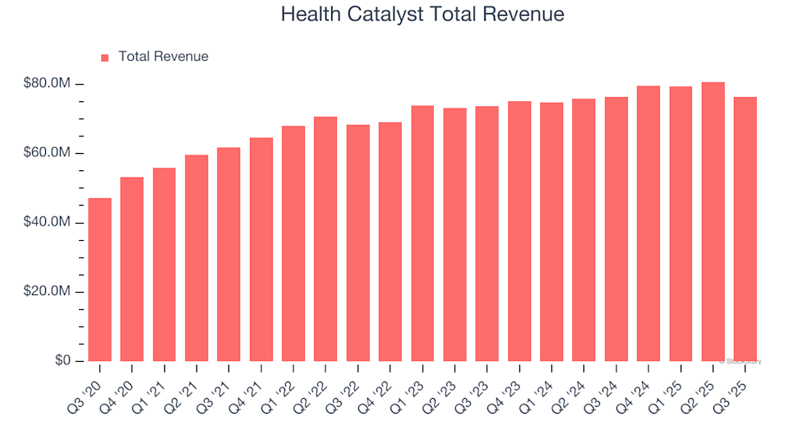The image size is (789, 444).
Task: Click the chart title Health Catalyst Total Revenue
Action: pos(422,14)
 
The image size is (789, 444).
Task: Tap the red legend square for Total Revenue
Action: pos(104,58)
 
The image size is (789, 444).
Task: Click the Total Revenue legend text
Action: pos(163,57)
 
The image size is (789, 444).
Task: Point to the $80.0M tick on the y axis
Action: pos(49,85)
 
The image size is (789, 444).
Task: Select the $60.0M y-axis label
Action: pos(49,154)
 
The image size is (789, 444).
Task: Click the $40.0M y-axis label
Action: pos(49,223)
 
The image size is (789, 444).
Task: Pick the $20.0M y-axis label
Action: pos(49,292)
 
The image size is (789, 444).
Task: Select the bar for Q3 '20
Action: pos(99,280)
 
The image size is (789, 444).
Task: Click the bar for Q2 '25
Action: pos(713,222)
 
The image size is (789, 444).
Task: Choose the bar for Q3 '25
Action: pos(745,229)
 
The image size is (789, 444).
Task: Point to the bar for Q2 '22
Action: pos(325,239)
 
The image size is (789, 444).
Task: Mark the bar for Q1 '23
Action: pos(422,234)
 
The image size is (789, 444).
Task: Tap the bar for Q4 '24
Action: pos(648,224)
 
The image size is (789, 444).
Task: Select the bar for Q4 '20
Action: pos(131,269)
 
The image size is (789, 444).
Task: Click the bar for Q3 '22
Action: pos(358,243)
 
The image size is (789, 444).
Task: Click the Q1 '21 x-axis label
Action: pos(158,381)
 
